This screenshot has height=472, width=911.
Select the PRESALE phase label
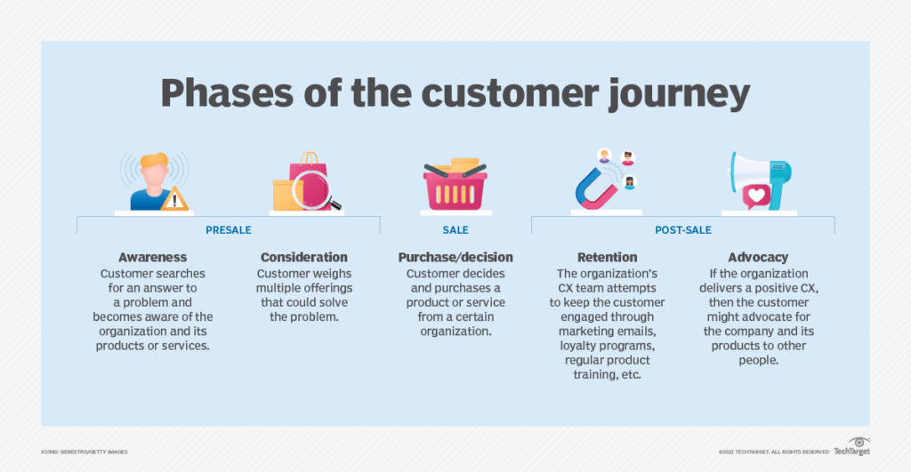pos(228,230)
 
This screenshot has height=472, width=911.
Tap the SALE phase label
pos(455,230)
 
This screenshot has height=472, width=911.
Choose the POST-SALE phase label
pos(682,230)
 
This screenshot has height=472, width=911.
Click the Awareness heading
pos(152,258)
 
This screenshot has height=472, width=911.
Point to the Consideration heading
pos(304,258)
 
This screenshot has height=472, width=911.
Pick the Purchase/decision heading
pos(455,258)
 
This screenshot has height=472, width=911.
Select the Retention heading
pos(608,258)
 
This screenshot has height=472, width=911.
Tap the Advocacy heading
pos(759,258)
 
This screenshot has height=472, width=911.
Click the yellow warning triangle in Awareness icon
pos(174,199)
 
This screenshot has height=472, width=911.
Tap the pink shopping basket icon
pos(455,188)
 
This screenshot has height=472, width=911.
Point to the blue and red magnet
pos(594,188)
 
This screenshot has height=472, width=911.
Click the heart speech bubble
pos(757,196)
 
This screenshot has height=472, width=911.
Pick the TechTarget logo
pos(852,450)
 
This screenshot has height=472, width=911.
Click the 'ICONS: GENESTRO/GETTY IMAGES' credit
pos(85,452)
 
